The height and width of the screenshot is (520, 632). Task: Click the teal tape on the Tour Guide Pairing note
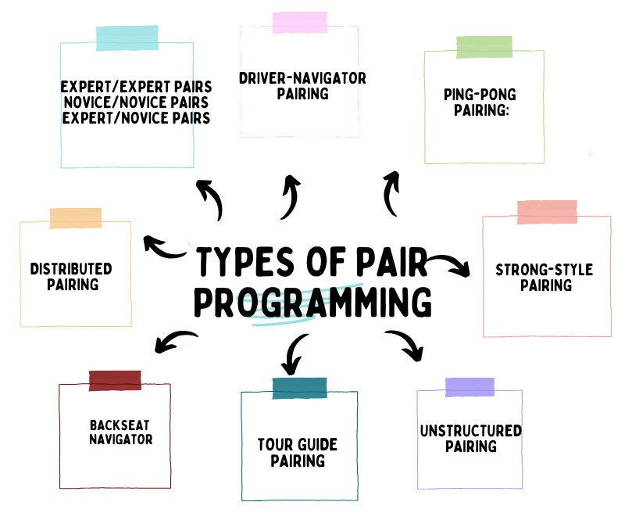pos(299,388)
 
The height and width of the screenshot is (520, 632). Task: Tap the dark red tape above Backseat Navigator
pos(114,380)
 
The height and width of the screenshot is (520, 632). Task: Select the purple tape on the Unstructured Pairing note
pos(470,387)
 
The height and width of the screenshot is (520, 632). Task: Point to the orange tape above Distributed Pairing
pos(75,218)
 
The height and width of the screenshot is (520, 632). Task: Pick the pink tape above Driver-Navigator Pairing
pos(299,22)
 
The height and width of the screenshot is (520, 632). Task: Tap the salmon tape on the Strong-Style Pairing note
pos(547,212)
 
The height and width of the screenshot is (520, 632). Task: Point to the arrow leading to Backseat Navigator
pos(174,341)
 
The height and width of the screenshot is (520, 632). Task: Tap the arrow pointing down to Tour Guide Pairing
pos(294,353)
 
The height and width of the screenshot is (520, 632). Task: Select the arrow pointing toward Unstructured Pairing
pos(407,344)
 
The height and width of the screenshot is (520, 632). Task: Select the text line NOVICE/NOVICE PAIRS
pos(134,102)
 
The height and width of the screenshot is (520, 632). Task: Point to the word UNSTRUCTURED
pos(470,431)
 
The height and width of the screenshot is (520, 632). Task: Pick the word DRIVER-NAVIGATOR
pos(302,79)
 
